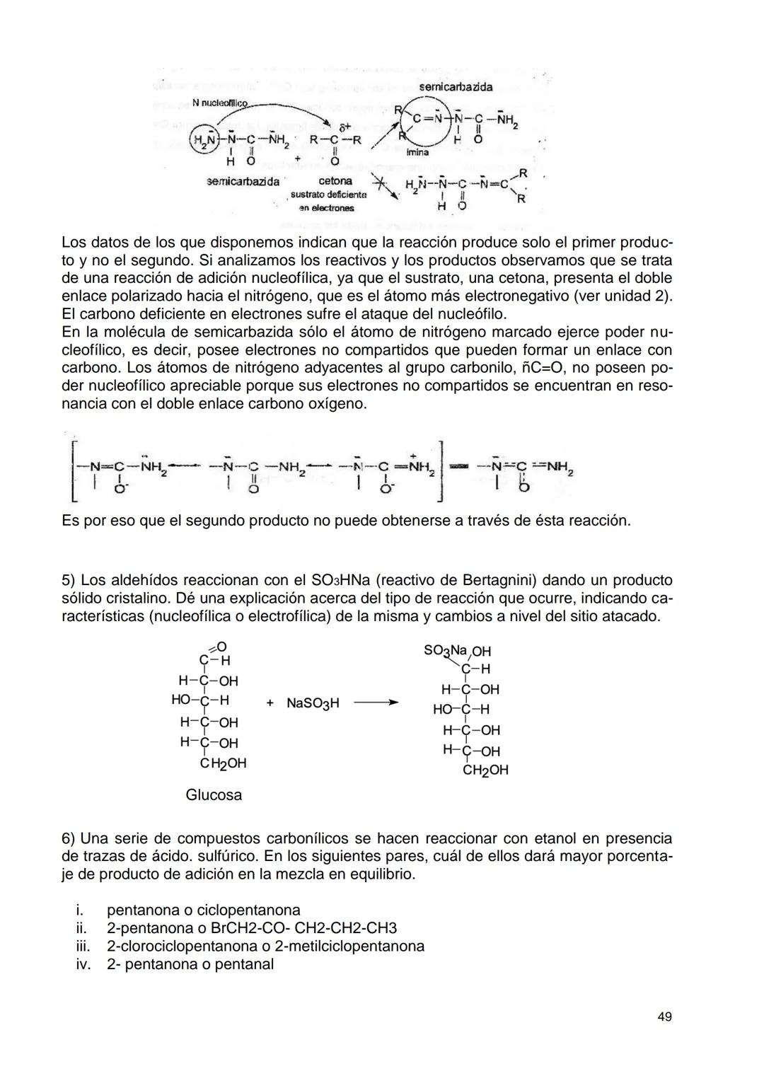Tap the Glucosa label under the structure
click(214, 794)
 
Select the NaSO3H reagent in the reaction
click(313, 703)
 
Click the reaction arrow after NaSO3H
click(376, 703)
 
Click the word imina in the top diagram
click(417, 152)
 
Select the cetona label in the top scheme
click(335, 181)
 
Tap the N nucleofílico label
click(221, 103)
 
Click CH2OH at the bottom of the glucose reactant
click(224, 763)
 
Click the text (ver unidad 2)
click(623, 296)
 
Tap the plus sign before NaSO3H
click(270, 703)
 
